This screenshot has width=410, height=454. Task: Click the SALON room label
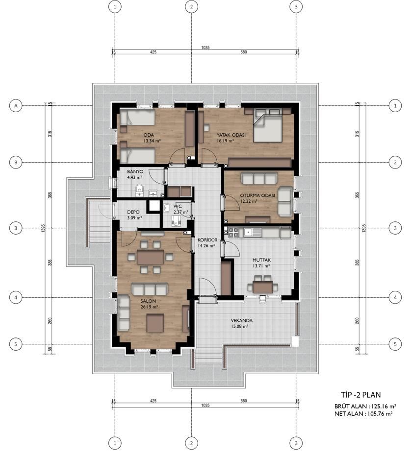tap(149, 301)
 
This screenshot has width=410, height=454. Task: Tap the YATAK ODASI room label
tap(231, 135)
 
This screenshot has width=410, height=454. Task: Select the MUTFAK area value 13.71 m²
tap(261, 265)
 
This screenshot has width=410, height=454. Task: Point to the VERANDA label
tap(241, 320)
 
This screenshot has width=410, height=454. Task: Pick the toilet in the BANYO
tap(140, 190)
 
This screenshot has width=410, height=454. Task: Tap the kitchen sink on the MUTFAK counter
tap(253, 232)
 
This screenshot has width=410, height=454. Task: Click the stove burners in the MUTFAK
tap(233, 232)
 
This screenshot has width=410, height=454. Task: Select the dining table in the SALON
tap(151, 257)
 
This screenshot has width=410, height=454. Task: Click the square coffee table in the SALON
tap(155, 323)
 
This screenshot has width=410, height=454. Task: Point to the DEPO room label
tap(133, 212)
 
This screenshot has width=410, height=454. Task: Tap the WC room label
tap(178, 206)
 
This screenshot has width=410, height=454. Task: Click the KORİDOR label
tap(207, 240)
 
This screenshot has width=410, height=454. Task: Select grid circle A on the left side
tap(16, 106)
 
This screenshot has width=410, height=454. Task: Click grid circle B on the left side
tap(16, 163)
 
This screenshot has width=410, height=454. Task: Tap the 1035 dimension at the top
tap(205, 48)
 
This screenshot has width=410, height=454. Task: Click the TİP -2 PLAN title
tap(360, 395)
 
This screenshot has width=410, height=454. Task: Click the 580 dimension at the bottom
tap(244, 401)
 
